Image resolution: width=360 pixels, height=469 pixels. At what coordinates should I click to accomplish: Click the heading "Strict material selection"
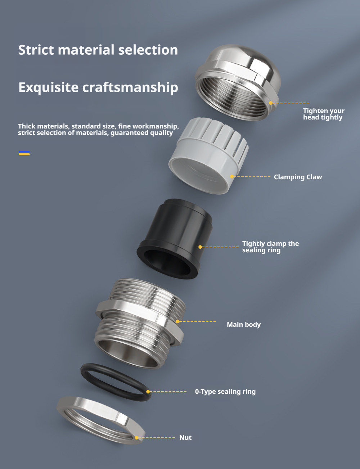98,50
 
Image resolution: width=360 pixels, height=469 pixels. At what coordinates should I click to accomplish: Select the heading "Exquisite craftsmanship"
98,87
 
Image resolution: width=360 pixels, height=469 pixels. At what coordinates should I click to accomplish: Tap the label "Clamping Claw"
298,177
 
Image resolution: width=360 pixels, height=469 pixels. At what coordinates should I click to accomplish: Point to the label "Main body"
244,324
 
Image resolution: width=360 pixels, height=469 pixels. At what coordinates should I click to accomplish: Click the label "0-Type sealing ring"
225,391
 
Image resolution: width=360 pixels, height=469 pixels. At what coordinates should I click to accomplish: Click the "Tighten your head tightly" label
324,114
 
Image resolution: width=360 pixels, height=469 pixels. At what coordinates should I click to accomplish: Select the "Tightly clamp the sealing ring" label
270,247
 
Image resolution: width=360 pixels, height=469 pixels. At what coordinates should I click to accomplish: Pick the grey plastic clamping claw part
208,155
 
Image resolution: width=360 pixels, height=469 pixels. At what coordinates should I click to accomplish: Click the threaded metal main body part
140,323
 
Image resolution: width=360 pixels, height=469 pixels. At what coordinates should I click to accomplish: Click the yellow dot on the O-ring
148,392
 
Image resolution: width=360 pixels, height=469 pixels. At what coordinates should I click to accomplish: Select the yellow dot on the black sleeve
200,247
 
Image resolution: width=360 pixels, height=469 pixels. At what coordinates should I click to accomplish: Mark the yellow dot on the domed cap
271,103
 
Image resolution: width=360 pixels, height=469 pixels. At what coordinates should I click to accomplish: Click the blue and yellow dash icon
24,153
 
